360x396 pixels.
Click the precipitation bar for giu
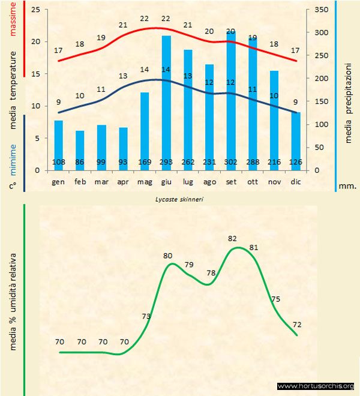[x=166, y=102]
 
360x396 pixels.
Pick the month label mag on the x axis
[x=145, y=181]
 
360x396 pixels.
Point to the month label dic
[x=295, y=181]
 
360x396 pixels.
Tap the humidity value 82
[x=233, y=239]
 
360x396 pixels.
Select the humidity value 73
[x=146, y=316]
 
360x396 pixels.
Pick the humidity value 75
[x=275, y=299]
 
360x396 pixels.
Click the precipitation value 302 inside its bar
[x=231, y=162]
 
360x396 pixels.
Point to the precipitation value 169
[x=145, y=162]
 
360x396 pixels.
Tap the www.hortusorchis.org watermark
[x=316, y=386]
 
